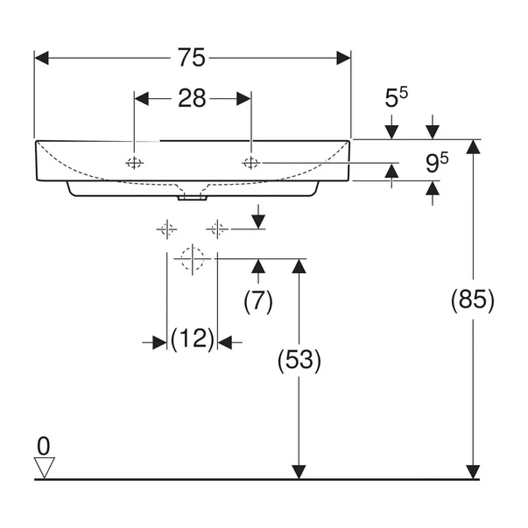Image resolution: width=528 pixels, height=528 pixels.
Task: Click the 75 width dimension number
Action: [192, 58]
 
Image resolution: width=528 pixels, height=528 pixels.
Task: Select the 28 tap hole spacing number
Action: [192, 98]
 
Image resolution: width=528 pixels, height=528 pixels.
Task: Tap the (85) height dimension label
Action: [473, 300]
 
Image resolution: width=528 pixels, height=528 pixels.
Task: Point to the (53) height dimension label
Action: [299, 359]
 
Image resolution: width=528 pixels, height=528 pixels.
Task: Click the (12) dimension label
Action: [192, 339]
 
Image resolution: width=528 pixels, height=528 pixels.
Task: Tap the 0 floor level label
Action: [44, 445]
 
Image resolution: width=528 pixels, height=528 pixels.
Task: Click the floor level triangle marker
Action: [44, 467]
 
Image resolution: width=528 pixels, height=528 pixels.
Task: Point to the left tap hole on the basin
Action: [134, 162]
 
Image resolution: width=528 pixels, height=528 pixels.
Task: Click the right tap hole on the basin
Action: [251, 162]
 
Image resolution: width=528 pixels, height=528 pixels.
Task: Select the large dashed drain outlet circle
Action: [191, 259]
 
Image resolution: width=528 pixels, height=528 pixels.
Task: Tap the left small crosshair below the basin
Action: [166, 229]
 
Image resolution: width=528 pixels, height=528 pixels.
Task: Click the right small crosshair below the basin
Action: [217, 229]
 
